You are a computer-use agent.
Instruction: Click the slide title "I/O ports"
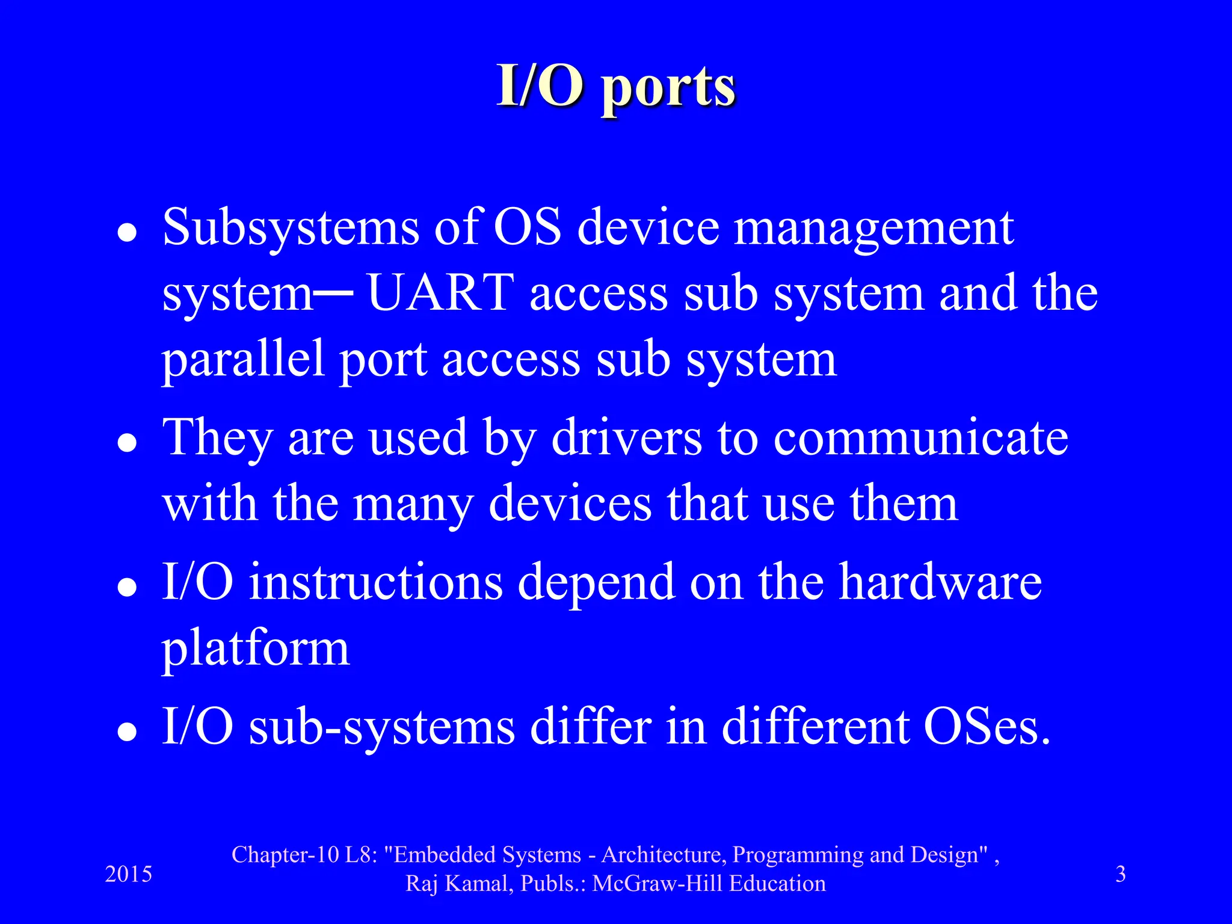tap(616, 87)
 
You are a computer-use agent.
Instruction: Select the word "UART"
tap(440, 294)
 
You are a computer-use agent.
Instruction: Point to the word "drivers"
tap(626, 438)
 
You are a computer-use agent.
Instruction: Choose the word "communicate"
tap(920, 438)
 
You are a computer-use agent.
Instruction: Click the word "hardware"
tap(940, 582)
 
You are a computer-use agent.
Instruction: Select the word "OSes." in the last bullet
tap(987, 727)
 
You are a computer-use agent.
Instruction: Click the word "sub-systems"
tap(382, 727)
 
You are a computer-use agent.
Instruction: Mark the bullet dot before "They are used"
tap(127, 444)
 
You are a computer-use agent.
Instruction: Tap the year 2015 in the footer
tap(129, 874)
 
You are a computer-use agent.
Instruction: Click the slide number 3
tap(1120, 874)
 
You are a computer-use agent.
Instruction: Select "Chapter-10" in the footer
tap(286, 855)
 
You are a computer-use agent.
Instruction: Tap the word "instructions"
tap(376, 582)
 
